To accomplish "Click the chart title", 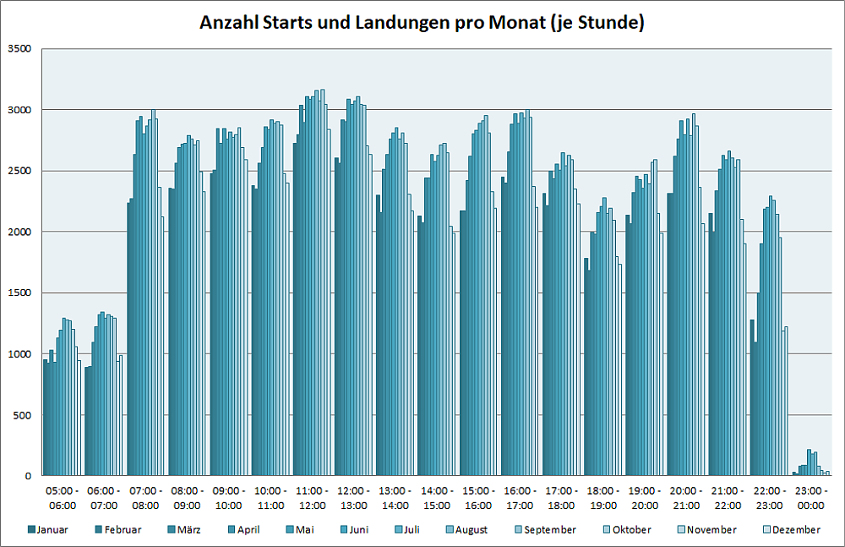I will coord(422,23).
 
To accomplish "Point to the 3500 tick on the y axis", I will coord(20,49).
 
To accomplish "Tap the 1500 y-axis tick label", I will coord(20,293).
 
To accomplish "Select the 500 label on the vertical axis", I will coord(23,414).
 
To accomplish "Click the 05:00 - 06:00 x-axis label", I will coord(63,497).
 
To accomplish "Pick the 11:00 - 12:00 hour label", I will coord(311,497).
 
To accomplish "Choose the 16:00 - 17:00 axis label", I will coord(519,497).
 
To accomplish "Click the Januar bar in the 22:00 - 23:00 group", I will coord(752,397).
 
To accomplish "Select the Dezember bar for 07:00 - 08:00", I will coord(162,347).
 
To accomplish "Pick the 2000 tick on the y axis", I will coord(20,232).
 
